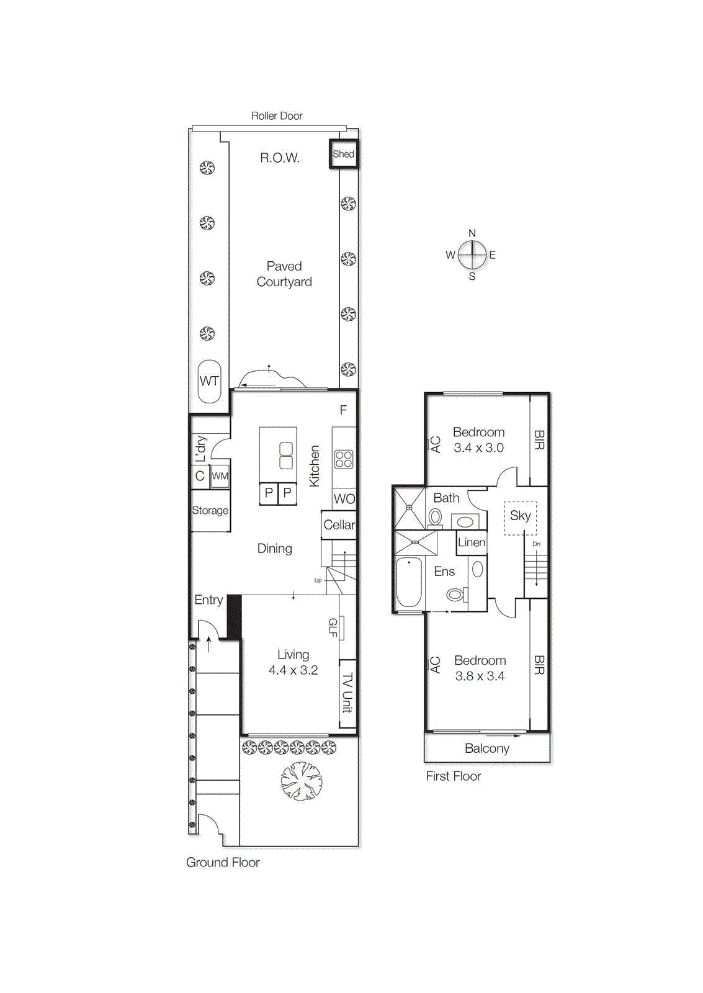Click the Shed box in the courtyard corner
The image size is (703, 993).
(343, 154)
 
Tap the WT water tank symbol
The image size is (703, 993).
(209, 381)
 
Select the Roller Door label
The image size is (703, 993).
(277, 115)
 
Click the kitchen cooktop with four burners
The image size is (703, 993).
(344, 459)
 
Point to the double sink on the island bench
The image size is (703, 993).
(286, 456)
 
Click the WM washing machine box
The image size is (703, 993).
(220, 476)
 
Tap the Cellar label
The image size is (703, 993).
(339, 525)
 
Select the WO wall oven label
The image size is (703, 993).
(344, 499)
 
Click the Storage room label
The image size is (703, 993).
(210, 510)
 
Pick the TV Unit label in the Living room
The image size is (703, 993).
(347, 693)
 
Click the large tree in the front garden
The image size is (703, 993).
(302, 781)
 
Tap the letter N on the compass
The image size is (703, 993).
(472, 233)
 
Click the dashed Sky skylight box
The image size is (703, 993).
(520, 518)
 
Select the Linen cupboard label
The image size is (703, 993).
(472, 542)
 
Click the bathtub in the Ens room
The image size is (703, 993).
(409, 582)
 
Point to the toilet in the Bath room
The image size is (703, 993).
(436, 516)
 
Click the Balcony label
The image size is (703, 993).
(487, 748)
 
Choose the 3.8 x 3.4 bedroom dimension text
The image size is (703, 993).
(480, 676)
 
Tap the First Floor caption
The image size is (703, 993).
(454, 776)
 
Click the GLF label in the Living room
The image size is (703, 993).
(333, 627)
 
